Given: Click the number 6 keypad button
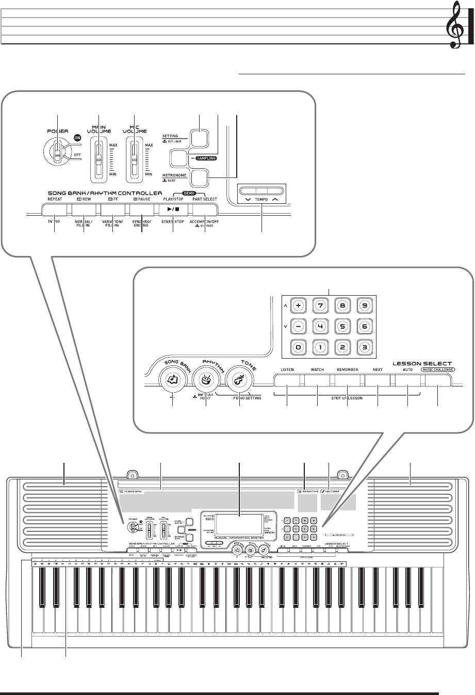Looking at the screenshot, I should coord(365,326).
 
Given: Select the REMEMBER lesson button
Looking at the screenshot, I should coord(347,381).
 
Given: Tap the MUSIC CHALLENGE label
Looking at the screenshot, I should coord(437,369).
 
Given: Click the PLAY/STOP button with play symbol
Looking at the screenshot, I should coord(173,209).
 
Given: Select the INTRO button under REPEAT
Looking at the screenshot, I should coord(54,209).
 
